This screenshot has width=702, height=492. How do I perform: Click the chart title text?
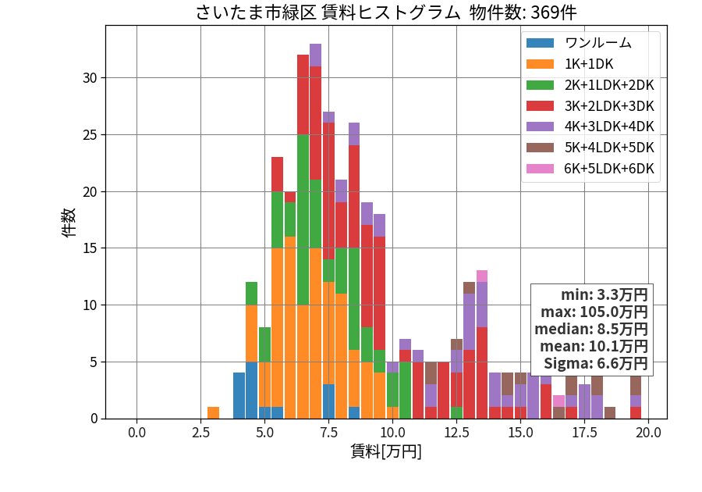[x=386, y=12]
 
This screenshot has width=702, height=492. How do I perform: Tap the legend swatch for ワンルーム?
[x=540, y=43]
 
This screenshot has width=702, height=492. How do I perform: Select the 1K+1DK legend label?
[x=589, y=64]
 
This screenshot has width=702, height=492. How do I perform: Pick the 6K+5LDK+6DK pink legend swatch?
[x=540, y=169]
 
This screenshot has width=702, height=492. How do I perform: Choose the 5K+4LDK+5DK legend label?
[x=609, y=148]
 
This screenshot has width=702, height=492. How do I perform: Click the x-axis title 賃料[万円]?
[x=386, y=451]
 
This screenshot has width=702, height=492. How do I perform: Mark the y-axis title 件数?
[x=69, y=223]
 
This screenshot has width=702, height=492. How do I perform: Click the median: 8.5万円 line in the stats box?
[x=591, y=329]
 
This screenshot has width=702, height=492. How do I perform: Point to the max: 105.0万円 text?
[x=594, y=312]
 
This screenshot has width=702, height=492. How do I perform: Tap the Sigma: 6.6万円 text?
[x=595, y=363]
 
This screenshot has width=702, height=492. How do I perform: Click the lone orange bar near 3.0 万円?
[x=214, y=412]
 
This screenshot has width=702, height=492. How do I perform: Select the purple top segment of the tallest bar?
[x=316, y=55]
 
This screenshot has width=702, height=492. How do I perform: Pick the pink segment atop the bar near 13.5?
[x=482, y=276]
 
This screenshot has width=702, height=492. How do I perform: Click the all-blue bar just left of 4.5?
[x=239, y=396]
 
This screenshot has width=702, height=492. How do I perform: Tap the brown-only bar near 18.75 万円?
[x=610, y=412]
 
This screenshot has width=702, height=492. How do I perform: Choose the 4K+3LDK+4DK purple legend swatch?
[x=540, y=127]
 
